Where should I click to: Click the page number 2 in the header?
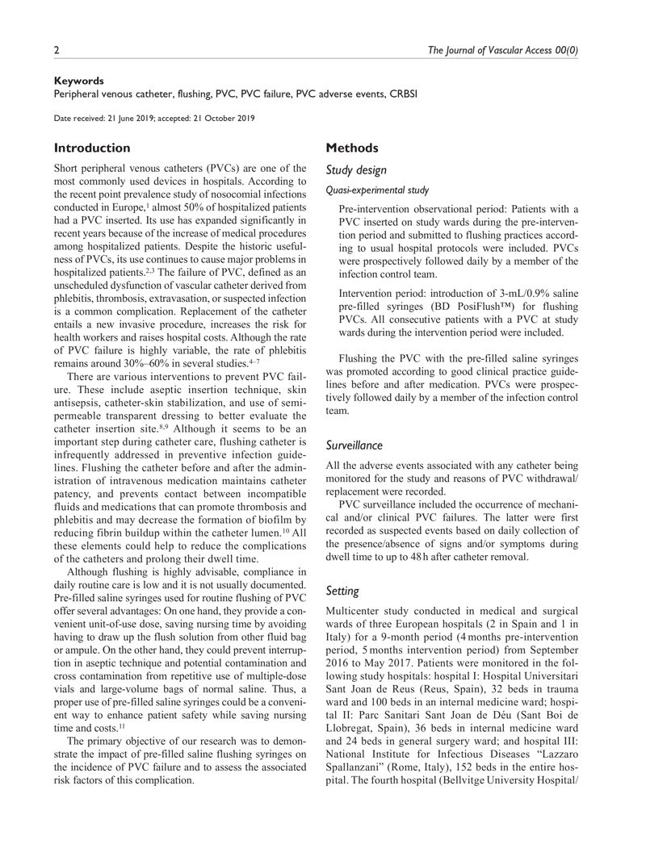pos(57,50)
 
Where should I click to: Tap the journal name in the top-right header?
pos(501,50)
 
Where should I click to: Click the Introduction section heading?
pos(91,148)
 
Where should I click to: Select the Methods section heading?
pos(351,148)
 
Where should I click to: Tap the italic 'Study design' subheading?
pos(356,170)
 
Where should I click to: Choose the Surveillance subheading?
pos(354,445)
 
